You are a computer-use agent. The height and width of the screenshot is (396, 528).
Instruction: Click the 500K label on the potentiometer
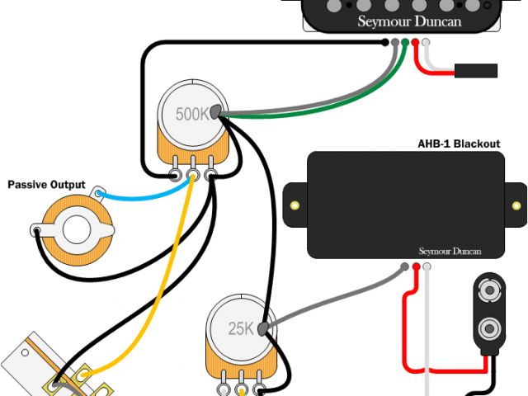[192, 114]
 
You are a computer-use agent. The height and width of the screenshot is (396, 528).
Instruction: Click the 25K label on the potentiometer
[241, 328]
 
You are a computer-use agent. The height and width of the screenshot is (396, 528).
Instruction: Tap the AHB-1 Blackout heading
[459, 144]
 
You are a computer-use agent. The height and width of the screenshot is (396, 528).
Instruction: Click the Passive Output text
[46, 184]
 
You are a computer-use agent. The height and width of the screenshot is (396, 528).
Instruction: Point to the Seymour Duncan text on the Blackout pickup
[450, 250]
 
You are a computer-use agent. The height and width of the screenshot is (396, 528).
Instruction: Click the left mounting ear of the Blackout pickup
[293, 204]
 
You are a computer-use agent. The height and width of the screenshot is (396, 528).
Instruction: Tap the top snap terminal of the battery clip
[489, 291]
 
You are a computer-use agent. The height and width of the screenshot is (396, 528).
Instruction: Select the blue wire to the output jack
[140, 199]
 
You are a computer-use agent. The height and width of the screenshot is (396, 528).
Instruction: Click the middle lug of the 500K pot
[193, 176]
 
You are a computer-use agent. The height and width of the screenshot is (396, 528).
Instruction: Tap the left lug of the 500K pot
[177, 176]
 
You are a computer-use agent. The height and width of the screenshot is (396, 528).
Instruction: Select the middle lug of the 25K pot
[241, 388]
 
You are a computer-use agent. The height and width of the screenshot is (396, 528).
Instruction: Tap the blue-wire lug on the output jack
[101, 194]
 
